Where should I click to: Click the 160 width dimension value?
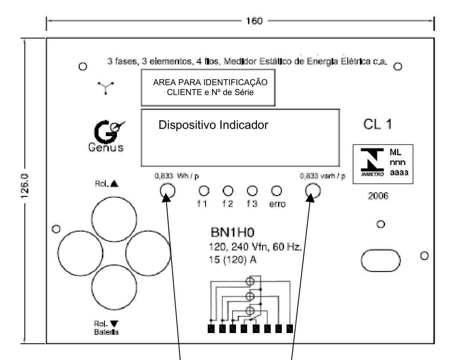[254, 21]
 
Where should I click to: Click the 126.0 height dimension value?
[25, 186]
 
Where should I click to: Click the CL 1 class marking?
[377, 125]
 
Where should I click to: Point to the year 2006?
[378, 196]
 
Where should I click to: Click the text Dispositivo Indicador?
[213, 125]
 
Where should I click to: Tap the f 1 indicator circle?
[204, 191]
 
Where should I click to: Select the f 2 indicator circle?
[228, 191]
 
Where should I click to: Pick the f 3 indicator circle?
[252, 191]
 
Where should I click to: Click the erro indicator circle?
[277, 191]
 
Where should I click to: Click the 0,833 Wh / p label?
[176, 176]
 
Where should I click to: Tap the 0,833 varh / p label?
[323, 176]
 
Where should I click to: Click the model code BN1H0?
[232, 232]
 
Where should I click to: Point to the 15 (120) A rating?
[233, 259]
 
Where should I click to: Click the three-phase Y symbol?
[105, 88]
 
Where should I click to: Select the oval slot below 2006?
[381, 260]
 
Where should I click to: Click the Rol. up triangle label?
[107, 184]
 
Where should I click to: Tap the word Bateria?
[106, 332]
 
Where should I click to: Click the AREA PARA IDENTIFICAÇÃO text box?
[208, 87]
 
